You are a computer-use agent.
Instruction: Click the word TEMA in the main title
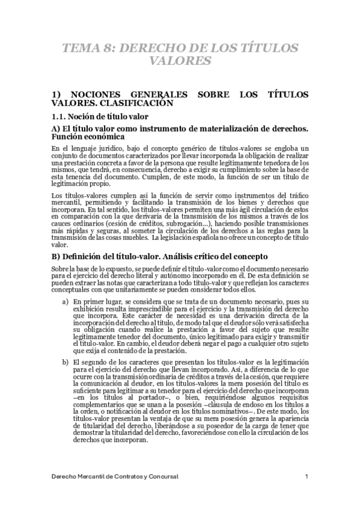pos(82,49)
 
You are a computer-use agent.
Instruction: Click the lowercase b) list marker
pos(65,362)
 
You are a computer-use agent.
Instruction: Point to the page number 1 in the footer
pos(307,477)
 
